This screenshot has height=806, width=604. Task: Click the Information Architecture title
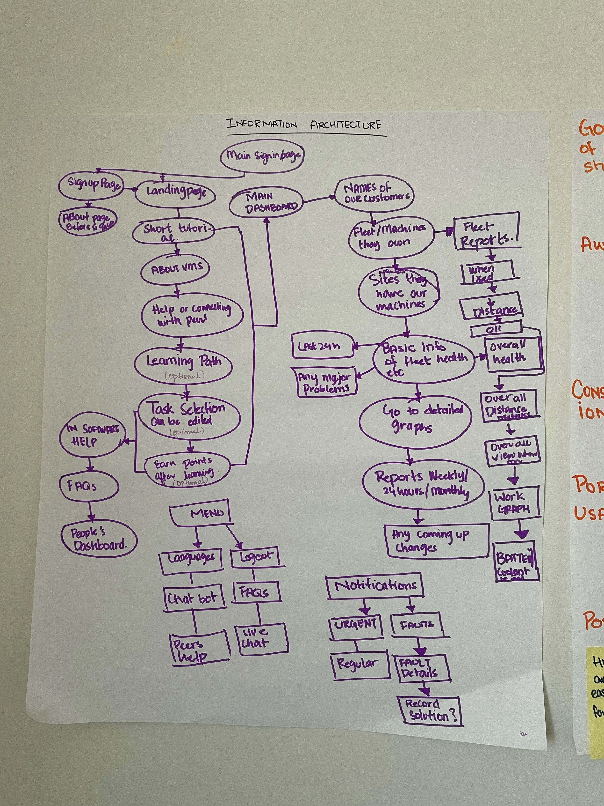(304, 125)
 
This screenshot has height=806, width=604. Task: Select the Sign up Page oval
(91, 185)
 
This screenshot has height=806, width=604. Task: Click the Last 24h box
(323, 346)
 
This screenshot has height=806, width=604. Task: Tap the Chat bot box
(193, 598)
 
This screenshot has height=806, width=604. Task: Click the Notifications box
(375, 585)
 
